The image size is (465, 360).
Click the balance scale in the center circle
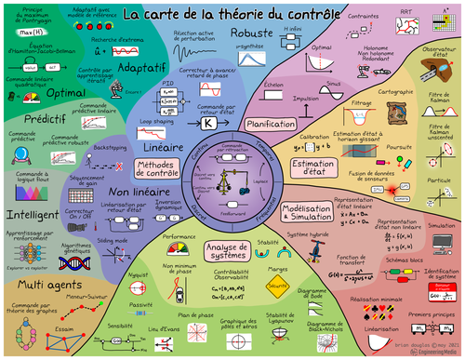click(x=232, y=180)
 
